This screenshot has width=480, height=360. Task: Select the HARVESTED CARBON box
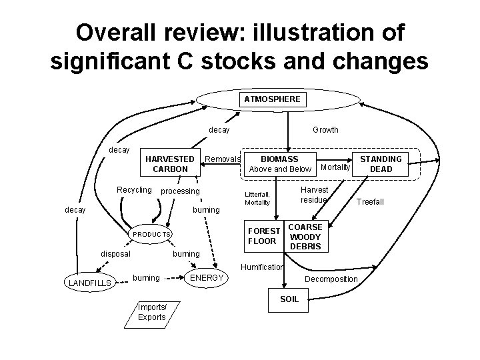[171, 164]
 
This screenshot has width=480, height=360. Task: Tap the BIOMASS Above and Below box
[279, 164]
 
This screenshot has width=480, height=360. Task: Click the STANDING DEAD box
[381, 164]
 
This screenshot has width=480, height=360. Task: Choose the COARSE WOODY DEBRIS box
[305, 237]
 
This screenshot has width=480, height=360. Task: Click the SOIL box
[289, 299]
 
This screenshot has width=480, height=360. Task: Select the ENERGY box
[207, 278]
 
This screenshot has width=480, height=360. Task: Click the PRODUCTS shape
[152, 235]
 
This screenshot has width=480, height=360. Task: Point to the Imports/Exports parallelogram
[151, 312]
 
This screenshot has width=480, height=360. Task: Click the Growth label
[325, 130]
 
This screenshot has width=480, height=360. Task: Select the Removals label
[222, 159]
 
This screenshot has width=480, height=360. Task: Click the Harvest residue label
[313, 195]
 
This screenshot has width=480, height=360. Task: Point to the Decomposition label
[331, 279]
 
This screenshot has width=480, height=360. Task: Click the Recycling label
[134, 190]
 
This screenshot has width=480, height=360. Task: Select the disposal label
[115, 253]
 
